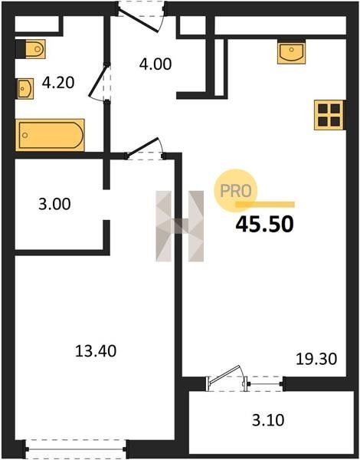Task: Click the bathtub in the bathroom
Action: coord(50,135)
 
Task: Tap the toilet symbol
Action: coord(31,49)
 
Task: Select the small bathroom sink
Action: coord(25,89)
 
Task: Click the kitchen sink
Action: coord(291,53)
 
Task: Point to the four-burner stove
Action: coord(329,115)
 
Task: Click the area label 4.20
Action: coord(58,83)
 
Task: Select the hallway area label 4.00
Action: coord(155,64)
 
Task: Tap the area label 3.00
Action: coord(54,204)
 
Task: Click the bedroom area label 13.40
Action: coord(96,351)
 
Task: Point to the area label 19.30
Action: coord(316,359)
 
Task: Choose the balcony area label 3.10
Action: coord(268,420)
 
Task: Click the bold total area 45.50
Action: coord(264,225)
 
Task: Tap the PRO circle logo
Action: coord(236,190)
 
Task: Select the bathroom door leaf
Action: coord(98,80)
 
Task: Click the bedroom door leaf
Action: coord(142,146)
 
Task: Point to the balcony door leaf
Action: coord(224,374)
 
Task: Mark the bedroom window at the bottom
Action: coord(76,449)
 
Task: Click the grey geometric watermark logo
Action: coord(180,226)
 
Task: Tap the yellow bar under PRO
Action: coord(265,205)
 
